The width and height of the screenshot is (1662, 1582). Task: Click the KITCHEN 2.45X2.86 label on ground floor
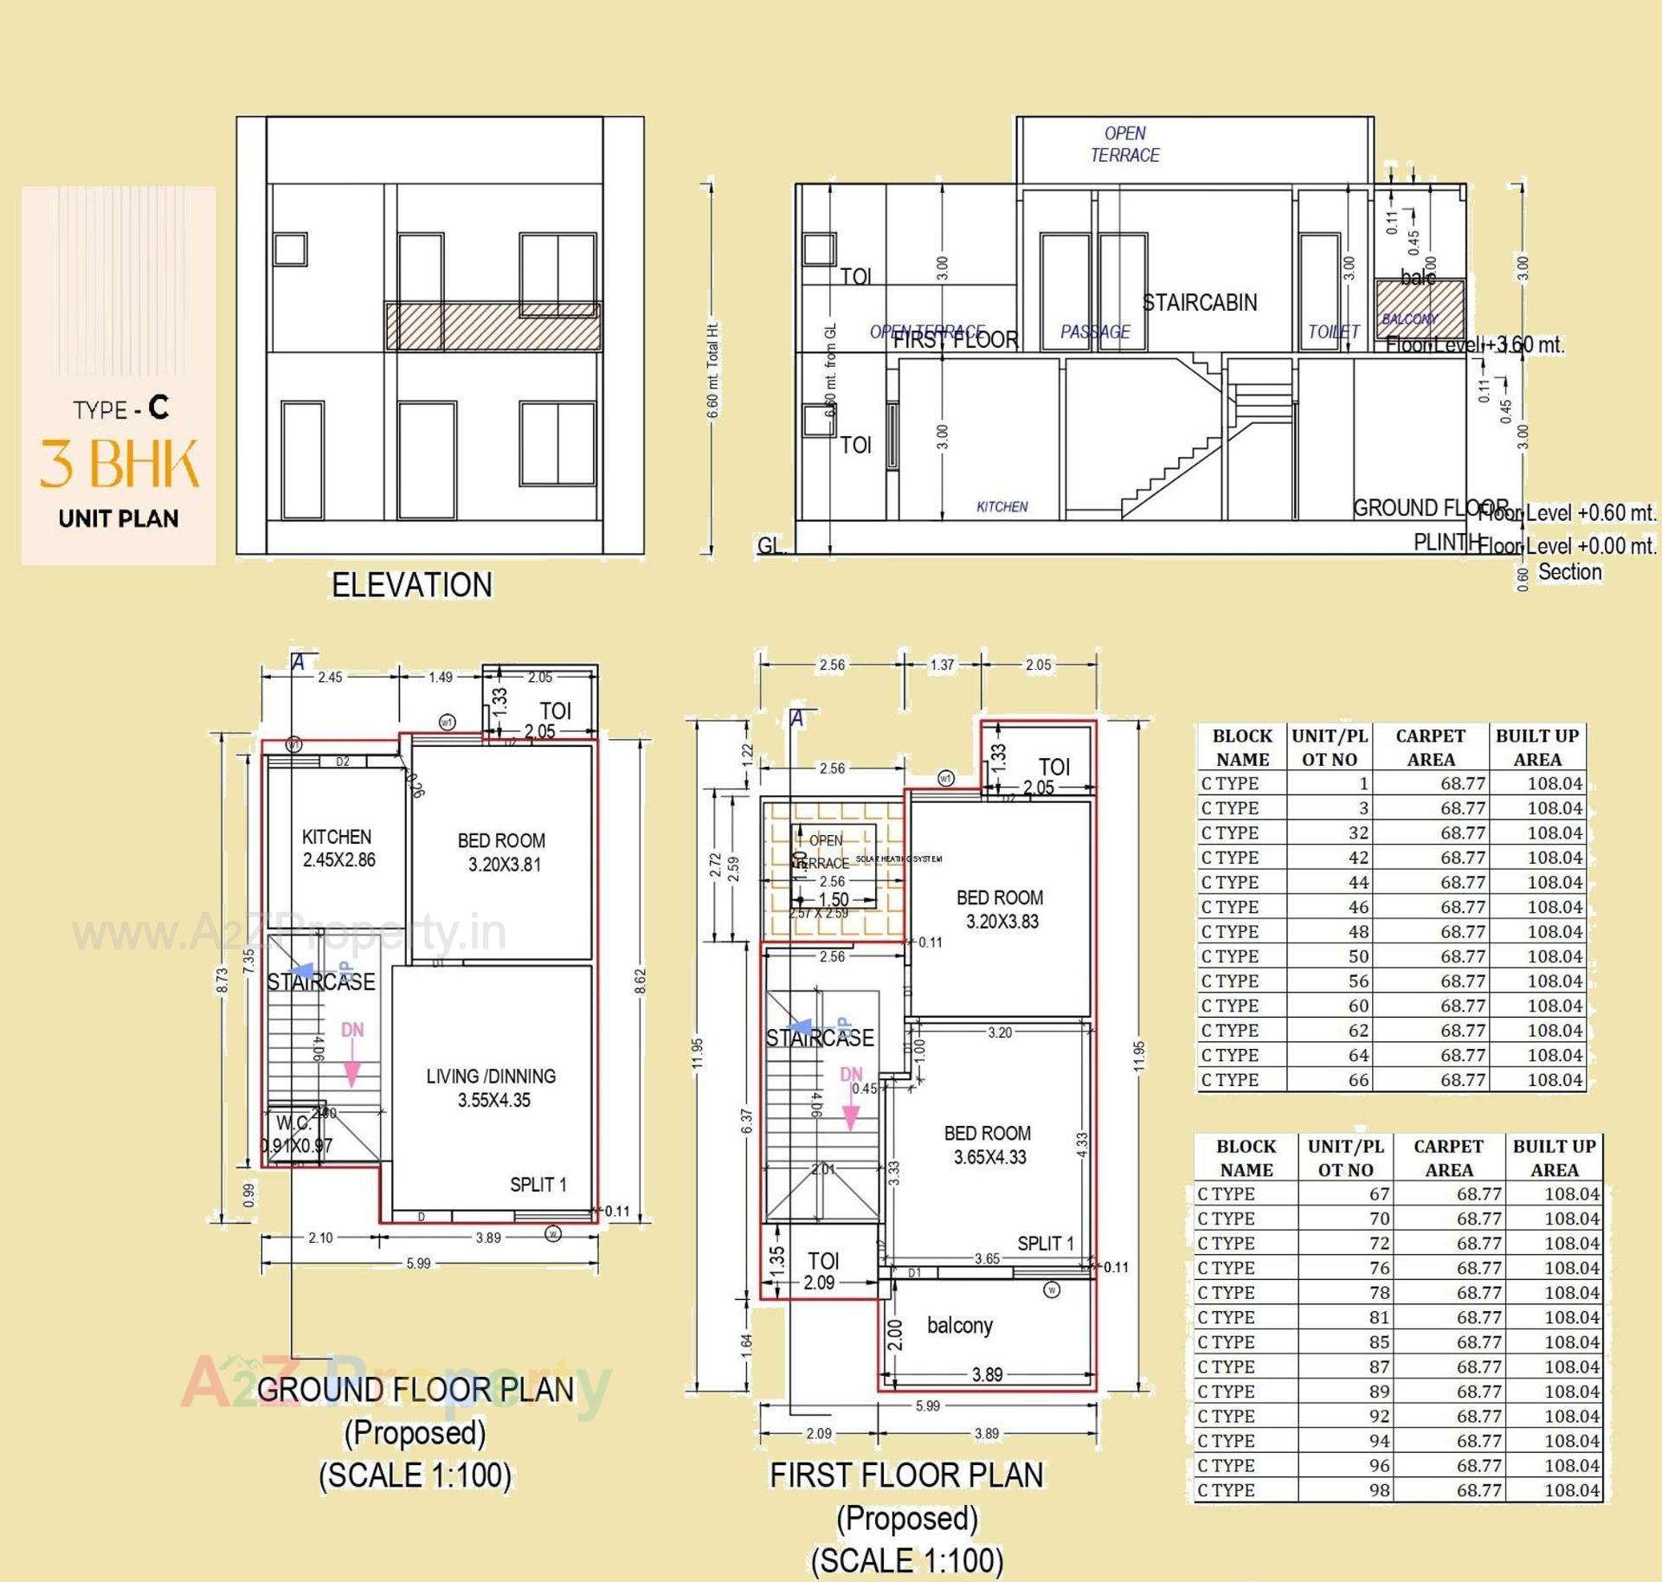click(x=338, y=848)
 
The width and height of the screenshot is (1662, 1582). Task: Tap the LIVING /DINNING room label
click(x=491, y=1088)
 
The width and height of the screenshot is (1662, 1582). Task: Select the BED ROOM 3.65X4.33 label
click(x=988, y=1145)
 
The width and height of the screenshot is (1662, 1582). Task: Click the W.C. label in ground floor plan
click(x=293, y=1123)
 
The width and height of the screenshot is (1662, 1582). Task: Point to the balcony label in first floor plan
click(x=959, y=1325)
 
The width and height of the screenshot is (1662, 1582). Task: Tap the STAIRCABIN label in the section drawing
click(x=1199, y=303)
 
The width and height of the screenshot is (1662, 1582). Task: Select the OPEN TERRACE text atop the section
click(x=1124, y=144)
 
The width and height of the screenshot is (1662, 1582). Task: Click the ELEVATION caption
click(x=412, y=585)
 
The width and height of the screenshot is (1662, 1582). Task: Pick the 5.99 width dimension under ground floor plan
click(x=418, y=1264)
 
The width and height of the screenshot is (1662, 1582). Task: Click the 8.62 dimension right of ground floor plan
click(x=641, y=981)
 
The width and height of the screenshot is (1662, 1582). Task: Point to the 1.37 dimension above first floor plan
click(x=942, y=665)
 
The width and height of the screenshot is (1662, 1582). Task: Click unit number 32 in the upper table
click(x=1358, y=833)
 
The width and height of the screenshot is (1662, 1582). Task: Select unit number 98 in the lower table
click(x=1379, y=1489)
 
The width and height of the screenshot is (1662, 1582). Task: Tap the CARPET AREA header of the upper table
click(x=1430, y=747)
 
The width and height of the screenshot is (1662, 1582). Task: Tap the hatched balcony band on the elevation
click(x=493, y=326)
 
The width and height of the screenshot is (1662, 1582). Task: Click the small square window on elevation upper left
click(x=290, y=249)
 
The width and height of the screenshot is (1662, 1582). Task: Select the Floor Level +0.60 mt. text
click(x=1567, y=512)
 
